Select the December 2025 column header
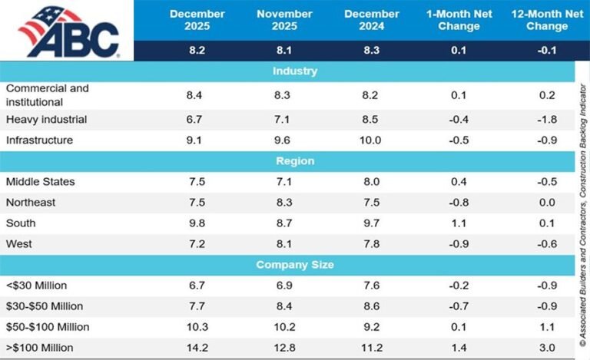(x=197, y=20)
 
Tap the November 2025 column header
(x=284, y=20)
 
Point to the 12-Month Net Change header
(x=546, y=20)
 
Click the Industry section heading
(x=294, y=71)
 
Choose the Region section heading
(x=294, y=161)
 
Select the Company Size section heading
(x=294, y=265)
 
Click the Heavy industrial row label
(x=46, y=120)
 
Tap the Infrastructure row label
(x=39, y=140)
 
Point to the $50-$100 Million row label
(x=48, y=327)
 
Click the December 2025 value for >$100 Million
(x=197, y=348)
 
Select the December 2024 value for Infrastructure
(x=372, y=140)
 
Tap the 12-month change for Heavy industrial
(x=546, y=120)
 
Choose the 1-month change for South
(x=459, y=223)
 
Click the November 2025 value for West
(x=284, y=244)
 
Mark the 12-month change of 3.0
(x=546, y=348)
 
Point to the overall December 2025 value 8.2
(x=197, y=51)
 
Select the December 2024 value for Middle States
(x=372, y=182)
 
